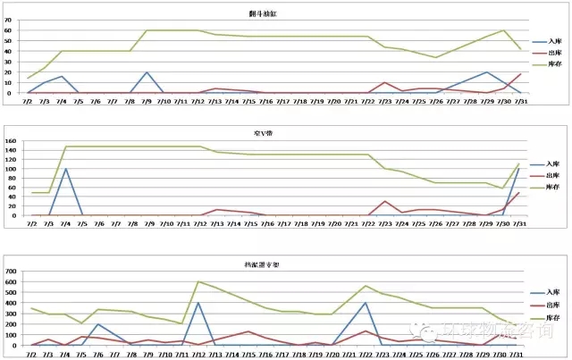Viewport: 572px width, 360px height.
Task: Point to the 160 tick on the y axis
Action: point(12,141)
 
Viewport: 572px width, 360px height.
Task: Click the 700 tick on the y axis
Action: point(12,271)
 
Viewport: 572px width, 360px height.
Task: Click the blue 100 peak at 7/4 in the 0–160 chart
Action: point(65,169)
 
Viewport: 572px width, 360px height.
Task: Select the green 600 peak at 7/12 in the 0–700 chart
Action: point(198,281)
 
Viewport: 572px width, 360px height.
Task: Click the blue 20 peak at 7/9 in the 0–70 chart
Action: point(147,72)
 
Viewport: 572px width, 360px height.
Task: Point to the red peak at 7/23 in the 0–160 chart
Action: point(384,201)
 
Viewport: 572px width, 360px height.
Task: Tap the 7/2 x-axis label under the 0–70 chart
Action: point(30,101)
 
